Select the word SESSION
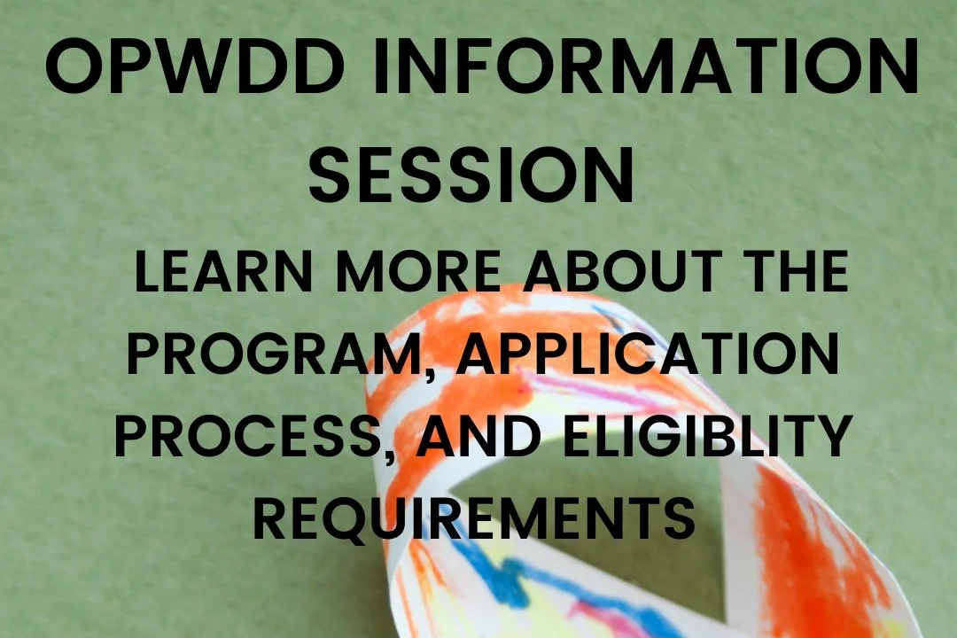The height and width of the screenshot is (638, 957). pyautogui.click(x=472, y=174)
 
